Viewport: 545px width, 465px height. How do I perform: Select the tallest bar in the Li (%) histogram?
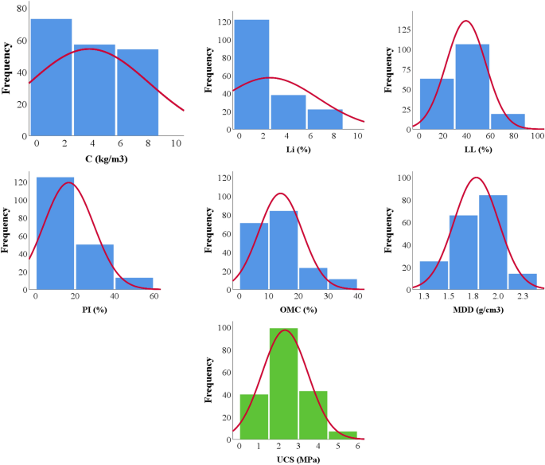(251, 74)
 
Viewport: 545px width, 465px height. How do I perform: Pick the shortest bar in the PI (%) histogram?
(134, 283)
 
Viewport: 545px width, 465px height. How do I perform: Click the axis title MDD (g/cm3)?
(477, 310)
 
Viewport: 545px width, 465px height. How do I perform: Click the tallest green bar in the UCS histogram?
(282, 382)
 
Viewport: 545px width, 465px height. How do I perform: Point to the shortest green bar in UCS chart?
(342, 434)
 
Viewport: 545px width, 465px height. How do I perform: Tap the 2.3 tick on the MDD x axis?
(522, 296)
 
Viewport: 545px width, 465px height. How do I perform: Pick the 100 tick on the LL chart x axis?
(537, 136)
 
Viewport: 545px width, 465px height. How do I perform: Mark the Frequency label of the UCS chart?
(207, 381)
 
